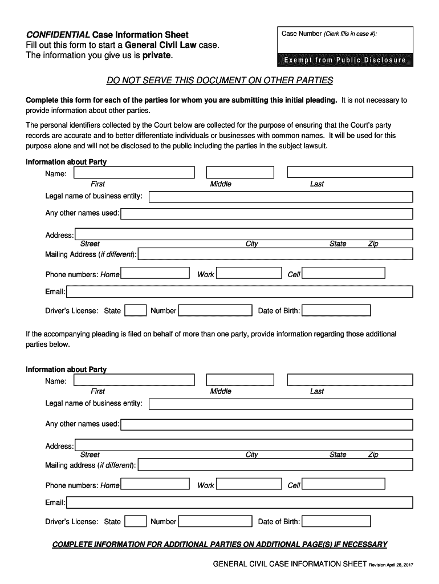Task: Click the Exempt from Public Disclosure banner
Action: click(342, 60)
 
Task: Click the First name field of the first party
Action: click(134, 172)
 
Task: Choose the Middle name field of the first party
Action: click(240, 172)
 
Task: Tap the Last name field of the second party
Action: click(349, 380)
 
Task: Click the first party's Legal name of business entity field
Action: click(281, 197)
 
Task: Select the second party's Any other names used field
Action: click(266, 424)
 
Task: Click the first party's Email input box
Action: click(239, 291)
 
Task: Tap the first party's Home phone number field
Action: click(155, 274)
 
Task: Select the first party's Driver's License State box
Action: click(135, 310)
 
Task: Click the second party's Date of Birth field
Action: click(336, 521)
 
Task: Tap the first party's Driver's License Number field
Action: click(214, 310)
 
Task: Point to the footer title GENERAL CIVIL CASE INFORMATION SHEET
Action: click(289, 564)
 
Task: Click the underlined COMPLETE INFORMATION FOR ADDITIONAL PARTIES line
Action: click(219, 544)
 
